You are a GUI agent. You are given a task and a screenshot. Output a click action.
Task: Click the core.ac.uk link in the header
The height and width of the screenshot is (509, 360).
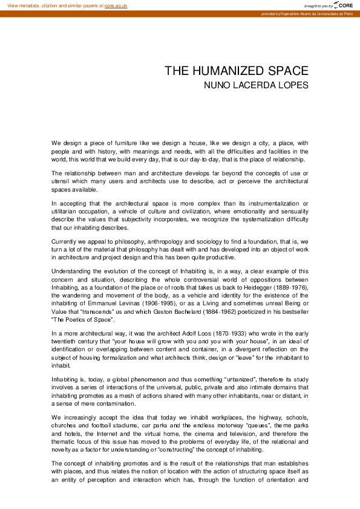pyautogui.click(x=116, y=5)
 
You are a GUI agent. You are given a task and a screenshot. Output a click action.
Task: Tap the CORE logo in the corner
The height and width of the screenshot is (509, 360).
pyautogui.click(x=343, y=5)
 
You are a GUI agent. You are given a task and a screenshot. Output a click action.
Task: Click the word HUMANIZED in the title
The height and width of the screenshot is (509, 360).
pyautogui.click(x=226, y=71)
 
